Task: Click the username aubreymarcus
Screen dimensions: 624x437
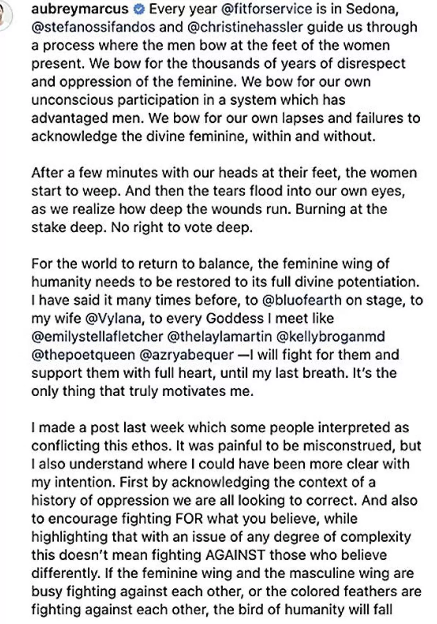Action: coord(80,9)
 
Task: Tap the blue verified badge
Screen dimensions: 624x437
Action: coord(139,10)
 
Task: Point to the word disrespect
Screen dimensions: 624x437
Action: coord(367,64)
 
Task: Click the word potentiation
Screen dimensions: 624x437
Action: coord(376,282)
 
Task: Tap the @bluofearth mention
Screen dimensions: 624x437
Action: coord(302,300)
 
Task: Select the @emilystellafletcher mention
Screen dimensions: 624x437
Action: coord(97,337)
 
